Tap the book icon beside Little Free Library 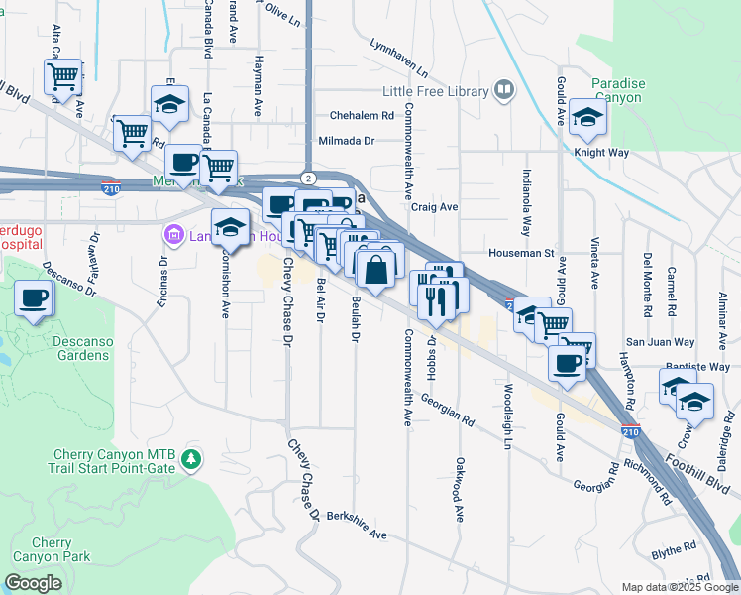point(504,91)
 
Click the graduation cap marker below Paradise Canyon point(587,119)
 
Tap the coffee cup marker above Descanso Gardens point(34,298)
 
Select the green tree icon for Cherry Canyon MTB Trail point(191,459)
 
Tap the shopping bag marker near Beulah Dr point(376,270)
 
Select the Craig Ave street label point(435,207)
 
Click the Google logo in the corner point(33,583)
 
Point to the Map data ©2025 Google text point(681,587)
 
